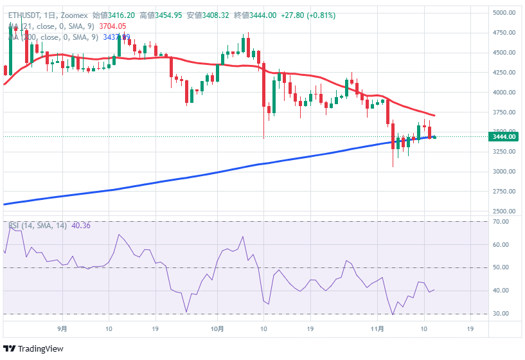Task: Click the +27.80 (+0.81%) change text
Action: click(x=308, y=15)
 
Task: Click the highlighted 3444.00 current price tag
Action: click(x=504, y=136)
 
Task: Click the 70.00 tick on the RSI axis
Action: click(x=501, y=222)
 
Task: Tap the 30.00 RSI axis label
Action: click(x=501, y=314)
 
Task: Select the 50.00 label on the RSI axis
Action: click(x=501, y=267)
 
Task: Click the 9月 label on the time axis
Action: click(x=62, y=328)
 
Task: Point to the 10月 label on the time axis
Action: click(x=217, y=328)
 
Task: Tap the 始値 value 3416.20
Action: click(x=121, y=15)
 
